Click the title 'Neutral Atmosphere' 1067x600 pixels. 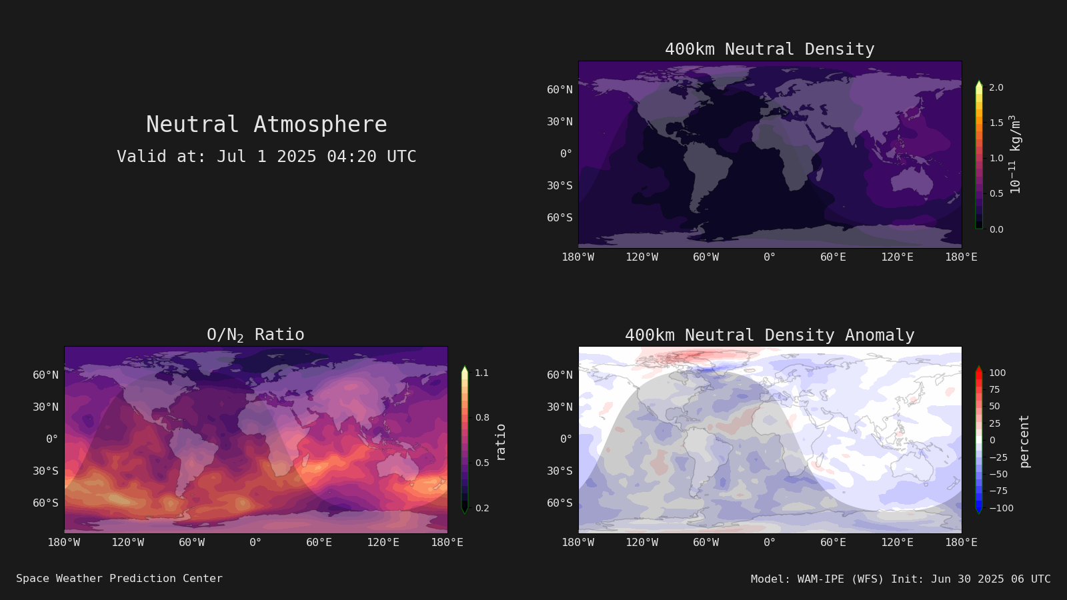tap(266, 124)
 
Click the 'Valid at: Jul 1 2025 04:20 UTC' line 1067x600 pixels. tap(266, 156)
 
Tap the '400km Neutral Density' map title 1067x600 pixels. tap(770, 49)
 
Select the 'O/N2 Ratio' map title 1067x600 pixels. tap(255, 335)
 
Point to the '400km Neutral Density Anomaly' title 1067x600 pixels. tap(770, 335)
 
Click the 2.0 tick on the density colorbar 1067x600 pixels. tap(996, 87)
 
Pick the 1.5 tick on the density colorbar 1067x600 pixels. tap(996, 123)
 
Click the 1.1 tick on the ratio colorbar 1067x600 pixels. tap(482, 373)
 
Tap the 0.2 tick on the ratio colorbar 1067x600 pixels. tap(482, 508)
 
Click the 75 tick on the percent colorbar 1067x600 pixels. tap(994, 389)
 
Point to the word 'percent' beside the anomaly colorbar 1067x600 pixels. tap(1024, 441)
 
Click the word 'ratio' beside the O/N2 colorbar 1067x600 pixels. tap(500, 443)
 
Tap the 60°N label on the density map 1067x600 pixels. tap(560, 89)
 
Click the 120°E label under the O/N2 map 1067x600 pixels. tap(383, 543)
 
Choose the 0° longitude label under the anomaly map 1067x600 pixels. tap(770, 543)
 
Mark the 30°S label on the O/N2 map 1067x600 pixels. tap(46, 471)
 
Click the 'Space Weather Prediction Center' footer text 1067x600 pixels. tap(119, 579)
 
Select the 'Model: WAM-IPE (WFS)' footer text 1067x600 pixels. tap(818, 579)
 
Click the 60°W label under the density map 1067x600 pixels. tap(706, 257)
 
